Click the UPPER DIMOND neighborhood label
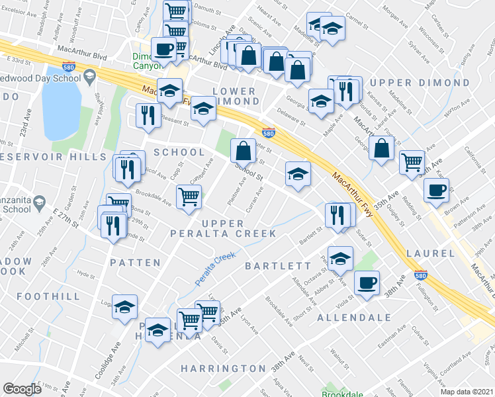tap(420, 83)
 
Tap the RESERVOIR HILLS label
tap(53, 157)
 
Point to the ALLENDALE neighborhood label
tap(354, 318)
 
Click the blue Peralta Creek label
tap(216, 267)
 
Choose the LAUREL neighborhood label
tap(431, 253)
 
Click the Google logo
tap(22, 389)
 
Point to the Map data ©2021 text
tap(467, 392)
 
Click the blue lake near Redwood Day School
tap(61, 103)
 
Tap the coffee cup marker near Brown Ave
tap(436, 190)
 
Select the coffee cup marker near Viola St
tap(367, 283)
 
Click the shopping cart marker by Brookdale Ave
tap(189, 196)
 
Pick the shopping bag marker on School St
tap(244, 150)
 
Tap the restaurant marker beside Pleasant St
tap(148, 115)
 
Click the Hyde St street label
tap(83, 273)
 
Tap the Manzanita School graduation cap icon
tap(39, 202)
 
